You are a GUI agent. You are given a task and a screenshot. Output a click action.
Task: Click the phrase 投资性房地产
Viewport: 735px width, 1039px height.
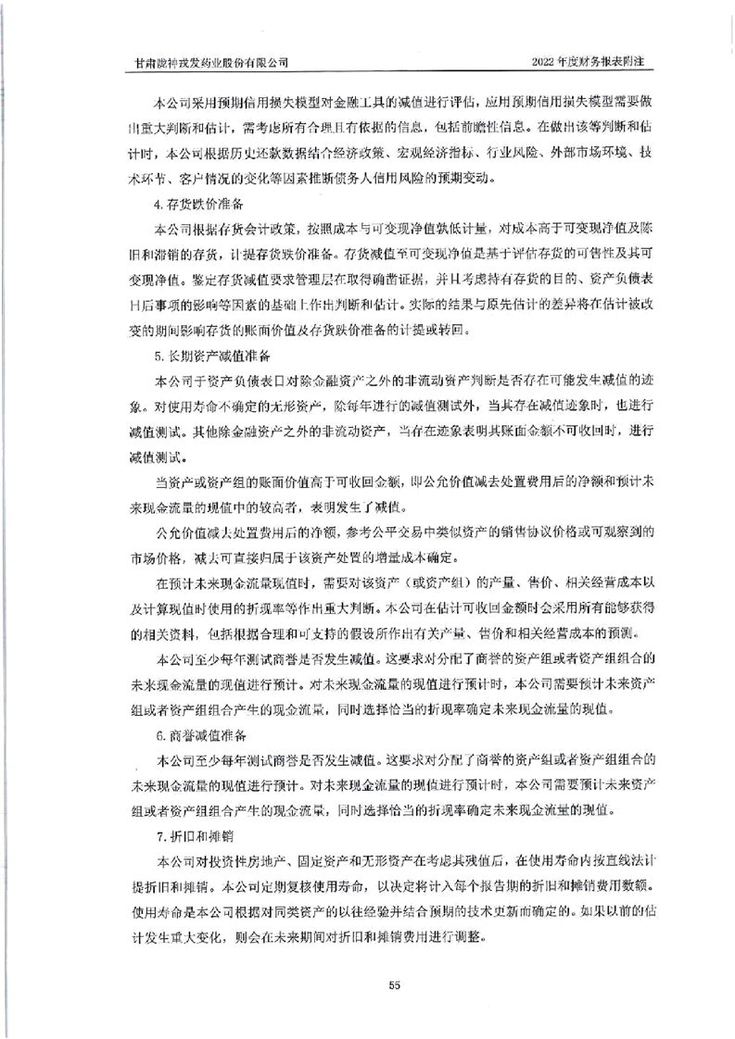click(249, 862)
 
